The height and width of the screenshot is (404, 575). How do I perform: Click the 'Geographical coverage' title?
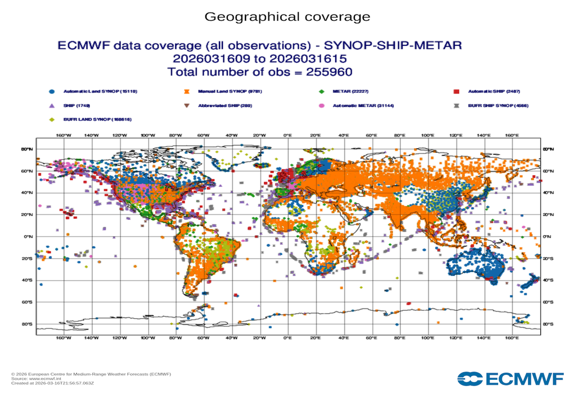click(x=287, y=17)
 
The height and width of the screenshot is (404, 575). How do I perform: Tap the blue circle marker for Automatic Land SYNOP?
click(x=52, y=91)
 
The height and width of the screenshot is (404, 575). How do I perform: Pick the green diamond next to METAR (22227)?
click(x=321, y=91)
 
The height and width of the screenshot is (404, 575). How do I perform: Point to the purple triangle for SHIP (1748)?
click(x=52, y=105)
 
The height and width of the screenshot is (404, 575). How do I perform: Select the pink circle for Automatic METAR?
click(x=321, y=105)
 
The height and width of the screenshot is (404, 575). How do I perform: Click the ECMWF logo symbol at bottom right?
click(x=469, y=379)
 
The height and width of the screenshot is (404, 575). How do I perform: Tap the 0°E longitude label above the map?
click(x=287, y=135)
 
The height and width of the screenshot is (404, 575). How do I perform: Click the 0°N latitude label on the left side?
click(x=27, y=236)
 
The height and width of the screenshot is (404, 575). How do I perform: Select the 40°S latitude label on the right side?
click(x=548, y=281)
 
